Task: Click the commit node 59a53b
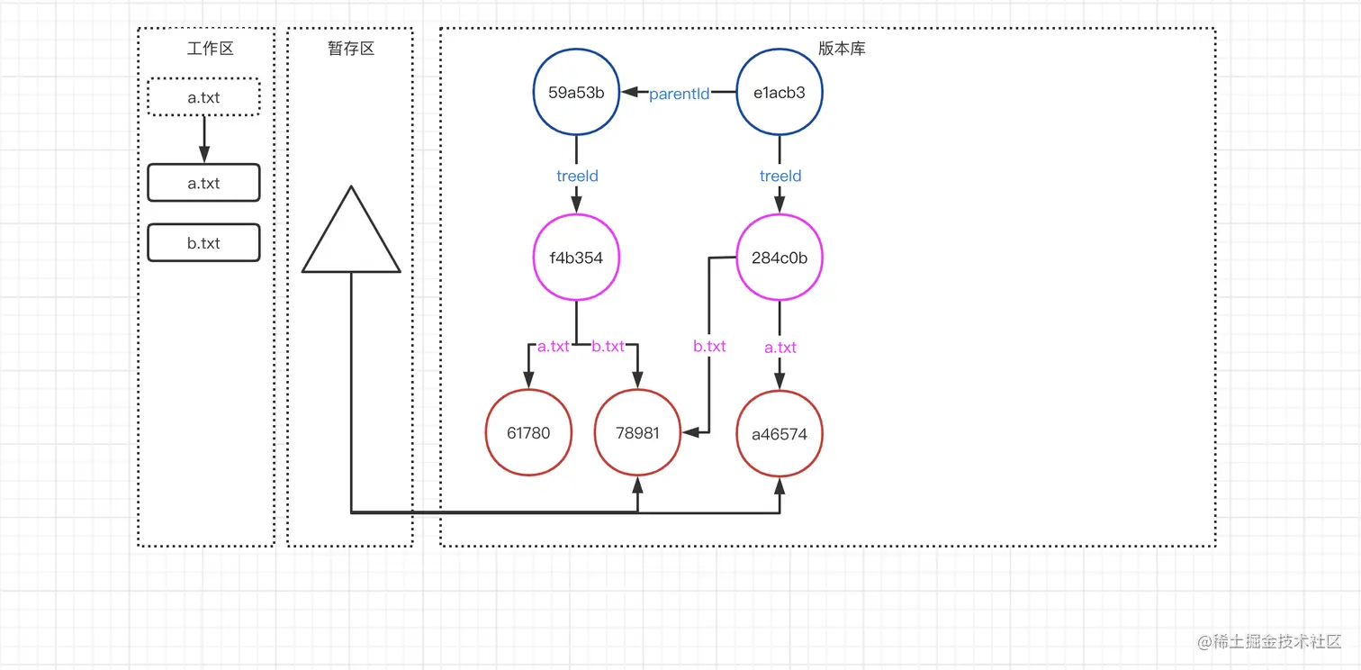576,93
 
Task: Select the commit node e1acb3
780,93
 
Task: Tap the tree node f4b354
576,258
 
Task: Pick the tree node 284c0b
780,258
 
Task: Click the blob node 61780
528,433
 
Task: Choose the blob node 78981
638,433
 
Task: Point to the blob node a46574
780,434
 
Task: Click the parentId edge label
680,94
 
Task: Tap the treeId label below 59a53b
577,177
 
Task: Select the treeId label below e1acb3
780,177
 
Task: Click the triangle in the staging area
351,239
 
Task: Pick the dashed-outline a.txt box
203,97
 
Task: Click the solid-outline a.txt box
203,183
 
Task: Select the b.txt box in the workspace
203,243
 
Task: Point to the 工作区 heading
210,49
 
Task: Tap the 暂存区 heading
351,49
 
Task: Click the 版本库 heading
842,49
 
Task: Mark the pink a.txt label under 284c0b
780,348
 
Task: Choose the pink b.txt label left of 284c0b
709,346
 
